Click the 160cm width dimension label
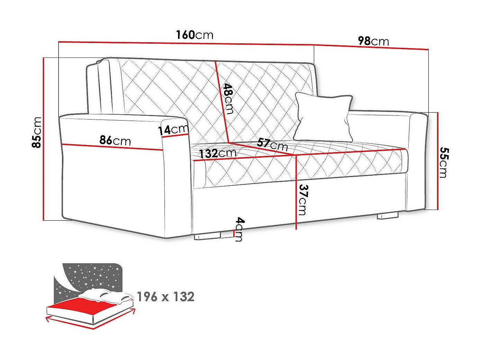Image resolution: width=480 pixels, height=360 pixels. (195, 35)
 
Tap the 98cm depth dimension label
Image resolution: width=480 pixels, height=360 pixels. (373, 41)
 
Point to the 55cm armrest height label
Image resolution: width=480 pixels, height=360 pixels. (444, 162)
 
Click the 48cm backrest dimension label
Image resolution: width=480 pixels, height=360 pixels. (228, 98)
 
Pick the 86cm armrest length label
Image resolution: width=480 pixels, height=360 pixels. (115, 140)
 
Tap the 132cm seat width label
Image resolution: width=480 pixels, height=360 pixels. (217, 153)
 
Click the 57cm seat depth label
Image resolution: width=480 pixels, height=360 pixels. (273, 144)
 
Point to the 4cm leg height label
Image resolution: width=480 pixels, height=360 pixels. (239, 229)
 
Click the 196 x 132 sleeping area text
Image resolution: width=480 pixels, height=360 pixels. (166, 297)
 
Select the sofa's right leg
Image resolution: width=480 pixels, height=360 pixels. (388, 216)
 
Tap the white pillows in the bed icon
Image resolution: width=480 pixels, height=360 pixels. (104, 295)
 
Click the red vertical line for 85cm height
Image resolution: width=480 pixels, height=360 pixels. (44, 139)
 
